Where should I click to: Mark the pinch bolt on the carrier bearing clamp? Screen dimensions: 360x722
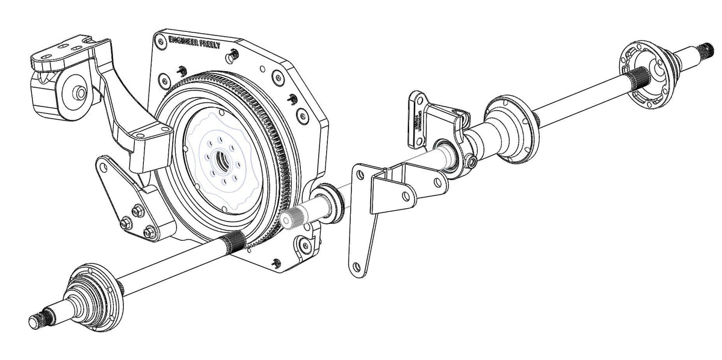pyautogui.click(x=469, y=161)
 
